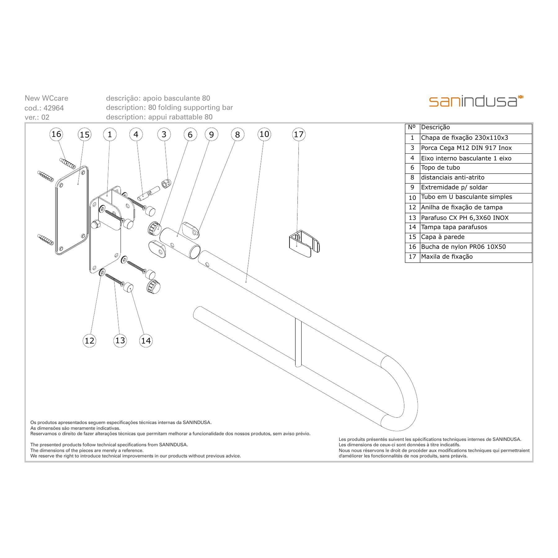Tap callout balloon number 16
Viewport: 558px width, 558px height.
click(x=56, y=134)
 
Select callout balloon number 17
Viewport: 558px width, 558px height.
click(x=299, y=135)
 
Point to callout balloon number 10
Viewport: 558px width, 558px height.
click(x=264, y=134)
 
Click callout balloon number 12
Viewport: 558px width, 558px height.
click(x=89, y=341)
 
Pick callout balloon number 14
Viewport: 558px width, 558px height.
click(x=146, y=341)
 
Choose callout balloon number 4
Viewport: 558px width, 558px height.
click(x=136, y=135)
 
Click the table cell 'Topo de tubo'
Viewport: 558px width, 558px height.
click(x=440, y=168)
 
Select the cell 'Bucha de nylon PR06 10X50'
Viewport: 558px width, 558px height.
click(x=463, y=247)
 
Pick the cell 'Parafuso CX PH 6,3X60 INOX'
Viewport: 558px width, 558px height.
click(x=464, y=218)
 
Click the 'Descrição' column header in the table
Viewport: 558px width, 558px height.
click(x=435, y=127)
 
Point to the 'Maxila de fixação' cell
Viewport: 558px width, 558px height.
click(x=447, y=257)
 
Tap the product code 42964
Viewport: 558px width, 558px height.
click(x=54, y=108)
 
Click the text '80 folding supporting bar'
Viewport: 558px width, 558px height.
click(x=190, y=108)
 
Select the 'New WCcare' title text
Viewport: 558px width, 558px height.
click(x=46, y=98)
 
